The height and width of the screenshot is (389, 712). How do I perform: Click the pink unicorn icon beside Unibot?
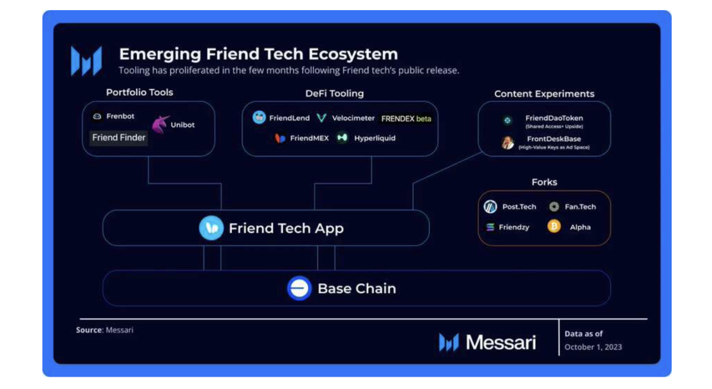pos(160,124)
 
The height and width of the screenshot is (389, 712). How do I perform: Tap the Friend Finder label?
pos(119,138)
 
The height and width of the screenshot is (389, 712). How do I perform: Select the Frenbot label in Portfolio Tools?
pos(120,116)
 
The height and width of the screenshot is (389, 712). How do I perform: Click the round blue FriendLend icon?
pos(259,118)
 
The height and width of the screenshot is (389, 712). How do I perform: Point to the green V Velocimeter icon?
pos(322,118)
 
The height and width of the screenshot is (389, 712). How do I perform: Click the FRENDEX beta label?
pos(406,119)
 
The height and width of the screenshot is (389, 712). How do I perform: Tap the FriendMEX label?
pos(309,138)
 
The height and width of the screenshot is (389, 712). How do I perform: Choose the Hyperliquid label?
pos(375,138)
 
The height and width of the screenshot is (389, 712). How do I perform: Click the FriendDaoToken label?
pos(554,118)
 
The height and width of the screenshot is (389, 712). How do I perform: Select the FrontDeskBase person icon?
pos(508,143)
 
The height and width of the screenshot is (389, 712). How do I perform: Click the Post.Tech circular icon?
pos(490,207)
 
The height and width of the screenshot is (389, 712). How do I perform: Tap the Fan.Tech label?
pos(580,207)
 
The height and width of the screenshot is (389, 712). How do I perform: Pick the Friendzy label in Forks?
pos(514,227)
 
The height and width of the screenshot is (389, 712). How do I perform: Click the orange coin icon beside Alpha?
pos(554,227)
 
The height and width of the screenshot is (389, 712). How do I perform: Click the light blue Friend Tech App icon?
pos(211,228)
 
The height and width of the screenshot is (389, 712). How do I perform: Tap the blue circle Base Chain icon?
pos(299,288)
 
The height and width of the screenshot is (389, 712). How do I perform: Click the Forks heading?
pos(544,182)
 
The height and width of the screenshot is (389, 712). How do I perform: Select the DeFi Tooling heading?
pos(334,93)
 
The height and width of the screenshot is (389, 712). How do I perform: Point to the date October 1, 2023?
pos(593,347)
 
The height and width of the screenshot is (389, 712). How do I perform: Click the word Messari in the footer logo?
pos(501,343)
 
